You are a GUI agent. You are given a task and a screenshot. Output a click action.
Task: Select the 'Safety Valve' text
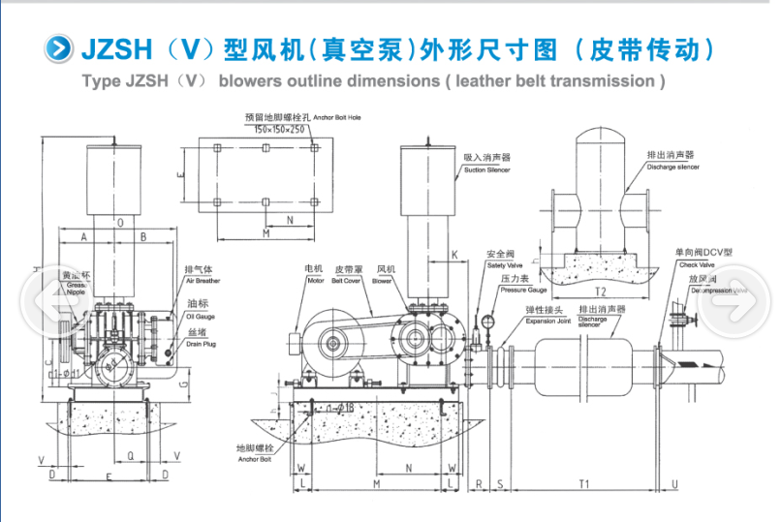tap(504, 264)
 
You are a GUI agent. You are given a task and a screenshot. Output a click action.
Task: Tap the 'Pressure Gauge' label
tap(523, 290)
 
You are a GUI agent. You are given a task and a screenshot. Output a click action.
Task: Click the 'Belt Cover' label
tap(346, 280)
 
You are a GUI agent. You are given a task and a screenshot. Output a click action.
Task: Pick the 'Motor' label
tap(315, 280)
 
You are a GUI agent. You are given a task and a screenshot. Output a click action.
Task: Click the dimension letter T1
tap(584, 481)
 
